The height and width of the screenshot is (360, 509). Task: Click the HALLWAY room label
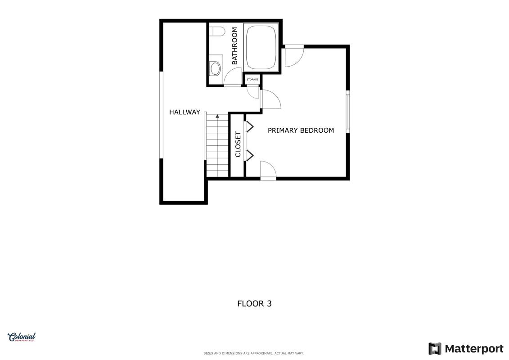click(x=185, y=112)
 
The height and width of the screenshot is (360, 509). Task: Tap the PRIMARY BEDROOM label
click(x=301, y=130)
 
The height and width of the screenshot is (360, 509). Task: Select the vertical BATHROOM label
click(x=234, y=46)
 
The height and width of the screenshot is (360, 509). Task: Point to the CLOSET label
click(x=238, y=144)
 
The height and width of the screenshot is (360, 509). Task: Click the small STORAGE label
click(x=252, y=80)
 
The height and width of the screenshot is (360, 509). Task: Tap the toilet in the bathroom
click(x=217, y=31)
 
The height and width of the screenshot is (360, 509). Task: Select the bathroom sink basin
click(x=215, y=68)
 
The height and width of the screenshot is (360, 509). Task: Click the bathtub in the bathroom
click(x=261, y=47)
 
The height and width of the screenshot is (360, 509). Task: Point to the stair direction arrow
click(x=217, y=116)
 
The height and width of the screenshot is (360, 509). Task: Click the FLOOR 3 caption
click(x=255, y=303)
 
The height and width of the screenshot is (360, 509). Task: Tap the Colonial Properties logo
click(x=22, y=337)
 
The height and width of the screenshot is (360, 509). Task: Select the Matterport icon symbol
click(x=435, y=349)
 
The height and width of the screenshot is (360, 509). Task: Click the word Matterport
click(x=474, y=349)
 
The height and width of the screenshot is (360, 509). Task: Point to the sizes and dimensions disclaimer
click(x=253, y=353)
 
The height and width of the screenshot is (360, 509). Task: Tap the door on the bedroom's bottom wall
click(x=268, y=170)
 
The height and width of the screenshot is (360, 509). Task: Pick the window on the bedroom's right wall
click(x=348, y=111)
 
